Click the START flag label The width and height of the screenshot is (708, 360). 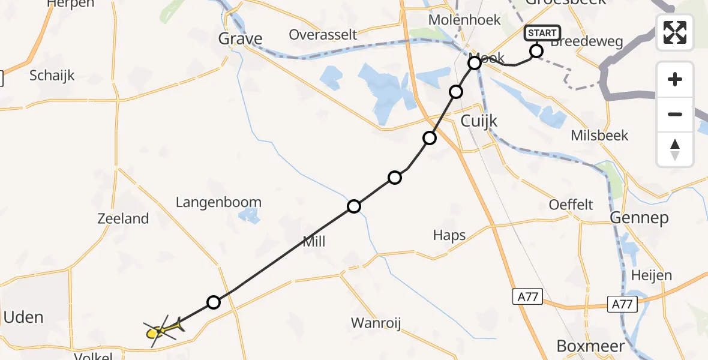542,33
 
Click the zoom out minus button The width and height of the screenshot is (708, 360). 675,114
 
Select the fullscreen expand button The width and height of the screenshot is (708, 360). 675,32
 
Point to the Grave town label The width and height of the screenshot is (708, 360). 240,39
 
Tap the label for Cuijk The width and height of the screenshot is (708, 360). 479,121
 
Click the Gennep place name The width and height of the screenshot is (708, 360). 639,217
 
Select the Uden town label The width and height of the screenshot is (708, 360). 23,317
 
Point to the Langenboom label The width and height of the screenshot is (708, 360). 218,202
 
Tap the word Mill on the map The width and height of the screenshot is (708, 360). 314,241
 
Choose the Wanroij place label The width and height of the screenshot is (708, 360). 376,323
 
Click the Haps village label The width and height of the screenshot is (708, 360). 449,235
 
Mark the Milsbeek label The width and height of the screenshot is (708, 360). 599,135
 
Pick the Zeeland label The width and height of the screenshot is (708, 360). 123,218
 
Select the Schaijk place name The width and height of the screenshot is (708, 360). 52,76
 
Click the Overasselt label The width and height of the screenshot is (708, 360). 323,34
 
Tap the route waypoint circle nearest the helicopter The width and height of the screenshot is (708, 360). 214,302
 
